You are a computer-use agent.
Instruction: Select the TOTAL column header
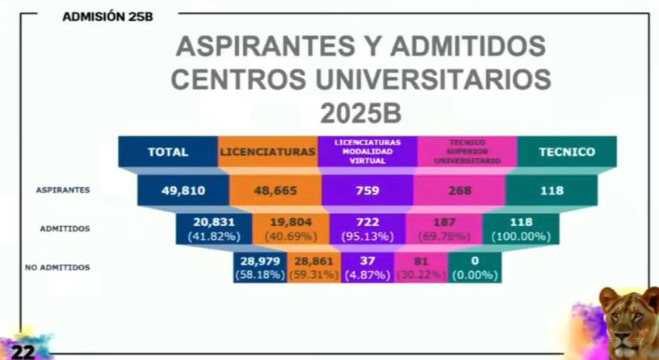pyautogui.click(x=168, y=152)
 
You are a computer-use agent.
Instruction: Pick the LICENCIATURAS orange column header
pyautogui.click(x=267, y=152)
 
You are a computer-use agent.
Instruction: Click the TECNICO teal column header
pyautogui.click(x=566, y=152)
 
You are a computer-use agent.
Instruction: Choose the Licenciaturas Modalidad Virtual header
pyautogui.click(x=367, y=151)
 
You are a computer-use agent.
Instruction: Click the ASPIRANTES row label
pyautogui.click(x=62, y=190)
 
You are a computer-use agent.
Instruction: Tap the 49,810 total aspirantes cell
pyautogui.click(x=183, y=191)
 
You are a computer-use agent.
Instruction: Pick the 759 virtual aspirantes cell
pyautogui.click(x=368, y=191)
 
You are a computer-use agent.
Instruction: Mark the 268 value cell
pyautogui.click(x=459, y=191)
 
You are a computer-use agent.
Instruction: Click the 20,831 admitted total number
pyautogui.click(x=213, y=223)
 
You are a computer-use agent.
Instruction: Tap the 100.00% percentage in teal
pyautogui.click(x=521, y=237)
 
